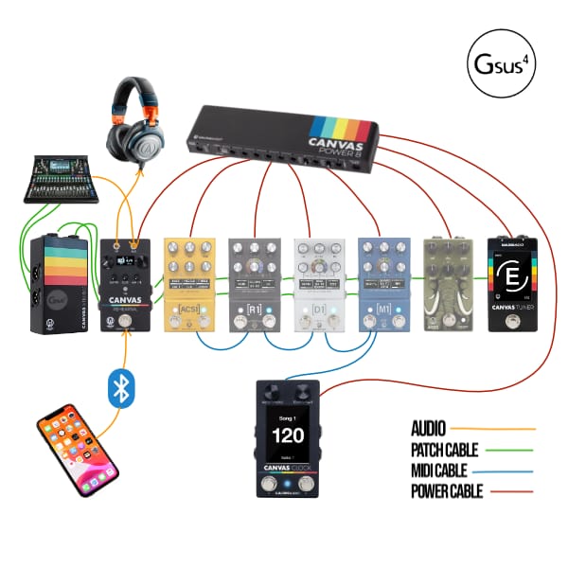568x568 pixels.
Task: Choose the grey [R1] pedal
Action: (x=255, y=283)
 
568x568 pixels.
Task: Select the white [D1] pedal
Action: (x=319, y=283)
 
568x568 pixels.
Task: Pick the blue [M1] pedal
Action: (x=383, y=283)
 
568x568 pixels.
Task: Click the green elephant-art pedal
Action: (x=447, y=283)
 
